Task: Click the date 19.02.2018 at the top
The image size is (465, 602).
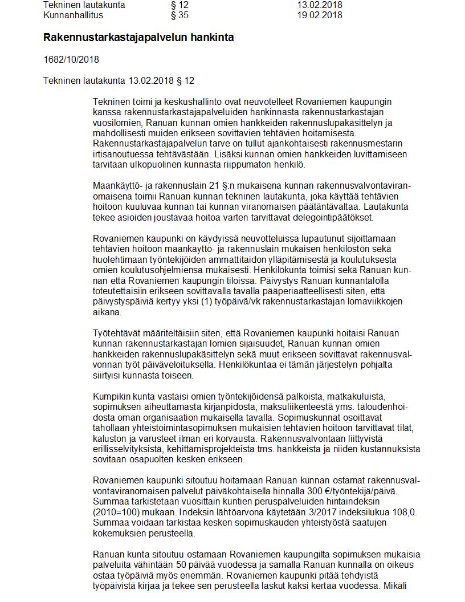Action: [319, 15]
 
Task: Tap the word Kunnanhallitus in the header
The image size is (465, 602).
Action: [73, 15]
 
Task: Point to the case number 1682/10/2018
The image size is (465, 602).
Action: [71, 59]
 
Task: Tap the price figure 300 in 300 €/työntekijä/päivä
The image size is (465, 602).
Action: [333, 491]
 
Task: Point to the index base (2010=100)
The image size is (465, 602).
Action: [119, 512]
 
